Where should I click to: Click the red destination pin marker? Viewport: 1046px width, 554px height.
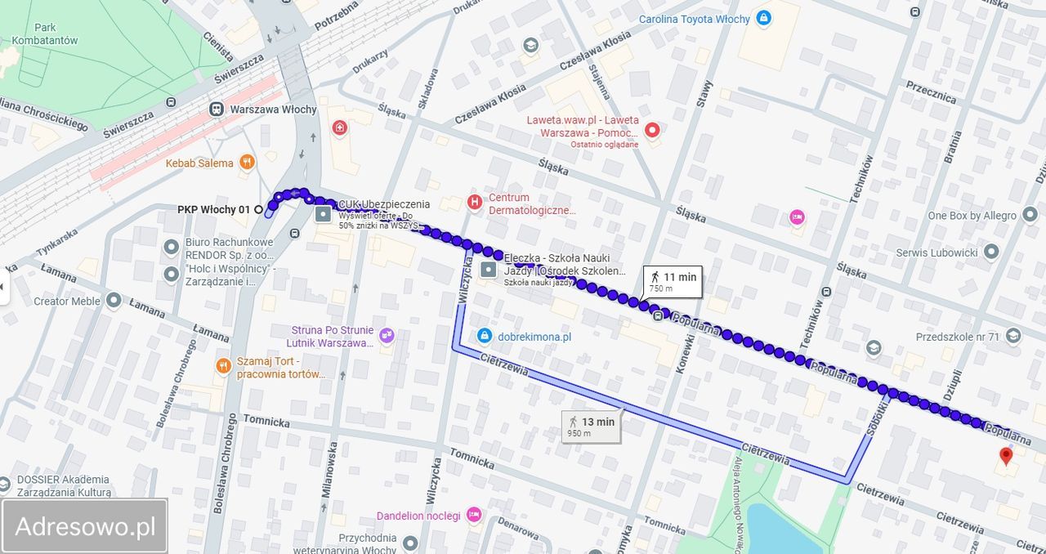pyautogui.click(x=1006, y=455)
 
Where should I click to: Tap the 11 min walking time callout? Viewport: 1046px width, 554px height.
pyautogui.click(x=673, y=281)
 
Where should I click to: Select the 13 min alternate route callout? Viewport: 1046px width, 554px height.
pyautogui.click(x=592, y=426)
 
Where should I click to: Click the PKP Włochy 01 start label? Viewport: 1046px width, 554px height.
pyautogui.click(x=213, y=210)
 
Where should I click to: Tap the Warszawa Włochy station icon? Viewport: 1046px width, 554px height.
pyautogui.click(x=217, y=109)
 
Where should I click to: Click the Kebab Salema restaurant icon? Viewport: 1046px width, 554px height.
pyautogui.click(x=247, y=163)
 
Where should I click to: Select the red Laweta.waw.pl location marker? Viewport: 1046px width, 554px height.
pyautogui.click(x=652, y=129)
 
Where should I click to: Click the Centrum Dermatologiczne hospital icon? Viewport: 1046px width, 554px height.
pyautogui.click(x=474, y=202)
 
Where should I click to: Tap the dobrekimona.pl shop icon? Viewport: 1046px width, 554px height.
pyautogui.click(x=484, y=336)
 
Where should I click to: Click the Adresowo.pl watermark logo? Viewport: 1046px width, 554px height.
pyautogui.click(x=85, y=526)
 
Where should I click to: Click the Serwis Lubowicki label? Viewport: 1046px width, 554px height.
pyautogui.click(x=936, y=252)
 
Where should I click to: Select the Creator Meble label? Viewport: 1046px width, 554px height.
pyautogui.click(x=67, y=301)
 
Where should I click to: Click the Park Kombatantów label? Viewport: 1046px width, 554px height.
pyautogui.click(x=45, y=34)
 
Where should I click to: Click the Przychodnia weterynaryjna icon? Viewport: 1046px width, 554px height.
pyautogui.click(x=410, y=543)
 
